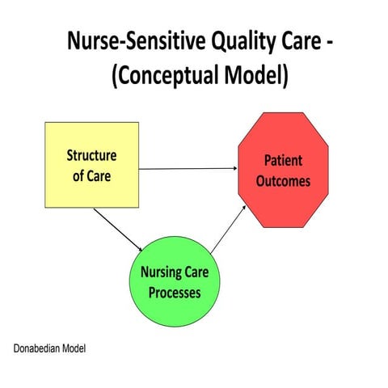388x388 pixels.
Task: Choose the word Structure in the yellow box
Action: [91, 155]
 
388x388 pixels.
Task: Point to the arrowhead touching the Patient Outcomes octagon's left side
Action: [234, 169]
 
